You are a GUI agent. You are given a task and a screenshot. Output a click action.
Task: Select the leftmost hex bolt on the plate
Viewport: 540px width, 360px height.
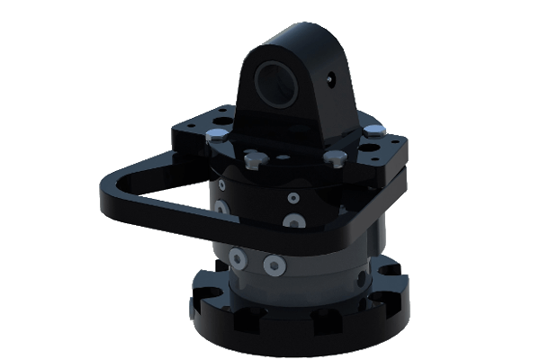[x=216, y=136]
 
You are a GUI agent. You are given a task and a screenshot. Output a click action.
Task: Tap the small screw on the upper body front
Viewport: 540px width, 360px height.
[x=292, y=196]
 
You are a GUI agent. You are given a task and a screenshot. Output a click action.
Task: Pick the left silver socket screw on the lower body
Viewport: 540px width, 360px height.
[x=237, y=257]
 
